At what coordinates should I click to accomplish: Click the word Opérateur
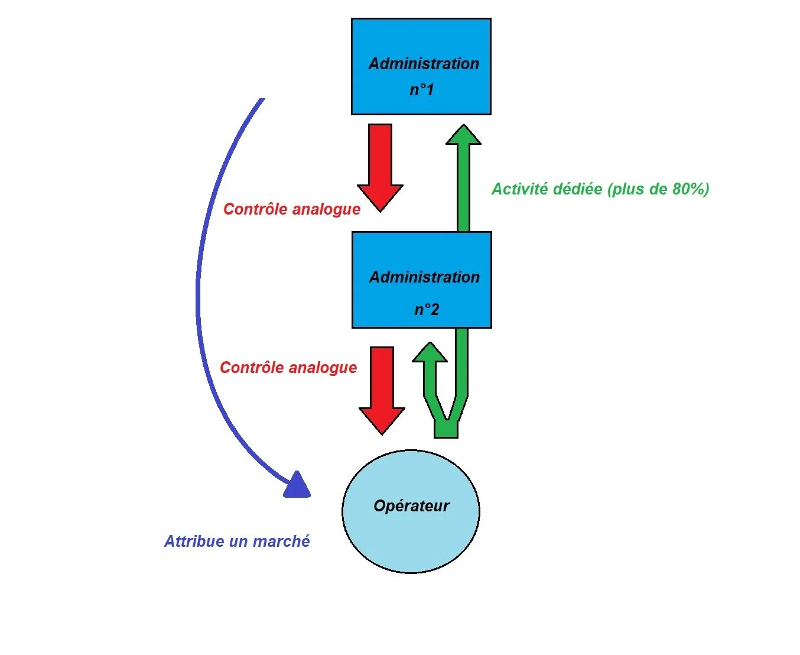[x=411, y=506]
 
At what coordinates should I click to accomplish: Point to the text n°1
[x=422, y=90]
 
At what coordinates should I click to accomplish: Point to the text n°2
[x=426, y=309]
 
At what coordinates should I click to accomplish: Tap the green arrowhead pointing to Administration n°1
[x=463, y=135]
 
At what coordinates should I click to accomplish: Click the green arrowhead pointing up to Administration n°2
[x=430, y=353]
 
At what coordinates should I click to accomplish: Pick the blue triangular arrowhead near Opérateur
[x=297, y=486]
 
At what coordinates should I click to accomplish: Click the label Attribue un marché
[x=237, y=541]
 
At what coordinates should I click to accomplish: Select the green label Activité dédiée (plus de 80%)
[x=600, y=189]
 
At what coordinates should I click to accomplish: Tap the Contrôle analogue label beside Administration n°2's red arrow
[x=288, y=368]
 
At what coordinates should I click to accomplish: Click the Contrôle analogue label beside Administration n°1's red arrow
[x=292, y=209]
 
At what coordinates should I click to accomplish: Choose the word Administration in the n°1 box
[x=424, y=64]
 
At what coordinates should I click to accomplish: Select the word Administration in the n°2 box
[x=424, y=277]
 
